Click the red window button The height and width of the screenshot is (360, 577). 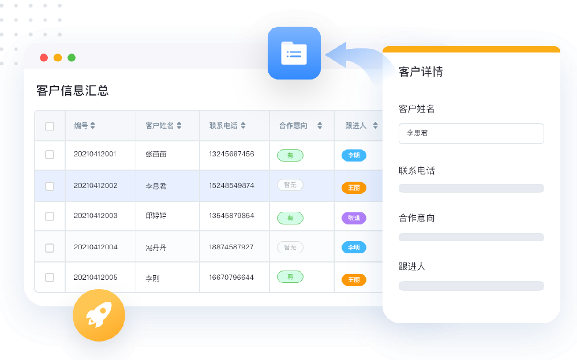tap(44, 58)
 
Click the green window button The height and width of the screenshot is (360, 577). tap(72, 58)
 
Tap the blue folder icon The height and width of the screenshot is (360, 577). tap(294, 53)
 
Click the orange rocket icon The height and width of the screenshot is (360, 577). tap(99, 315)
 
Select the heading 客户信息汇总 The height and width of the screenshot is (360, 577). tap(72, 91)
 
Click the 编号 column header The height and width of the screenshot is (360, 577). tap(84, 126)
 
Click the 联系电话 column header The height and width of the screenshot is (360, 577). tap(227, 126)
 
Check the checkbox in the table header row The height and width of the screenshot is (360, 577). tap(50, 126)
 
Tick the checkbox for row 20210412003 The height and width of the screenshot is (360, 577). tap(50, 216)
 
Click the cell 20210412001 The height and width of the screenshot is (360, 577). tap(95, 154)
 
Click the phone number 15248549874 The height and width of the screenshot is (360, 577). tap(231, 186)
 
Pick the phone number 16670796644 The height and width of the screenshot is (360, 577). tap(231, 277)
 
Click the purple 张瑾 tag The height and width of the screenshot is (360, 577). tap(354, 218)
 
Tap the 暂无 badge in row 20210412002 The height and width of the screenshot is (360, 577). tap(290, 185)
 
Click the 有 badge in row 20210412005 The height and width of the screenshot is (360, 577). tap(290, 277)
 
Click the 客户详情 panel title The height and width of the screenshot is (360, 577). tap(421, 72)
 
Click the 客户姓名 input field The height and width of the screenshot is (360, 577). tap(471, 133)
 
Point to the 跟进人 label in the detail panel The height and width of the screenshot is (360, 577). tap(412, 267)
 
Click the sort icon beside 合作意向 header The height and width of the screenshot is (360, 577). tap(320, 126)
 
